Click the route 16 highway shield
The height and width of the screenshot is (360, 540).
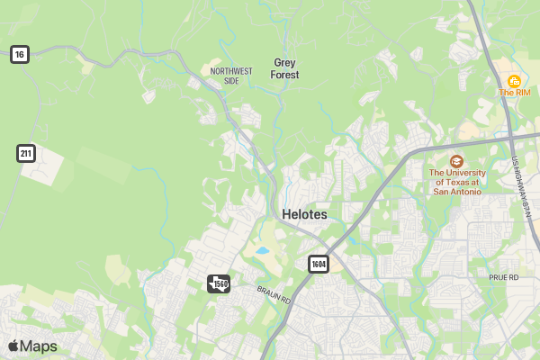(20, 55)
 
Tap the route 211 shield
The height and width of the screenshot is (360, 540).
(26, 153)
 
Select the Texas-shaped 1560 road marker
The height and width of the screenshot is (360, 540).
(219, 283)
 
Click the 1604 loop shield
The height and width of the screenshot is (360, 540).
(319, 264)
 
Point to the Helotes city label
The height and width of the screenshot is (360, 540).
(304, 214)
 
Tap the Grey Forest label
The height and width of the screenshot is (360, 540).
(285, 68)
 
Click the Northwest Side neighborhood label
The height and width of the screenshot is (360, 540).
(225, 76)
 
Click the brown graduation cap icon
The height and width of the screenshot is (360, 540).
(456, 159)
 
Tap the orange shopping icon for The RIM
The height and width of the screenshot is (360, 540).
(514, 81)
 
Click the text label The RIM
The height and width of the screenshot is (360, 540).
(515, 93)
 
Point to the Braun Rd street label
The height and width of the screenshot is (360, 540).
(274, 294)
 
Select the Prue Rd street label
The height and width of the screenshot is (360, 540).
(504, 277)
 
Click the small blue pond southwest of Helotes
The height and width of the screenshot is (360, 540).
(262, 251)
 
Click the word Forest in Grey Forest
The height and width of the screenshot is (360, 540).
(285, 75)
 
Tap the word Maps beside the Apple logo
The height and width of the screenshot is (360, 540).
(39, 346)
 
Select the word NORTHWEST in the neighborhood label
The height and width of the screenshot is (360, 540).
(225, 70)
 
